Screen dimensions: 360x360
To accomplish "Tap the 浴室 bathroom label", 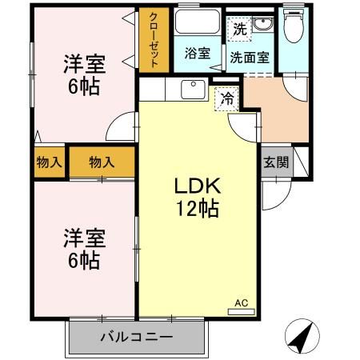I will (197, 54).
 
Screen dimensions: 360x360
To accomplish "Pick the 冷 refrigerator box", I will (227, 99).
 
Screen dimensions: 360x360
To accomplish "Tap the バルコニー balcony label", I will (136, 337).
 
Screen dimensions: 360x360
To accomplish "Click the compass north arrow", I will (300, 338).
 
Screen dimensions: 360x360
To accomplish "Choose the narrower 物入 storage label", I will (49, 162).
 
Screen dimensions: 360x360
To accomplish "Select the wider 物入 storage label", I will (102, 162).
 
